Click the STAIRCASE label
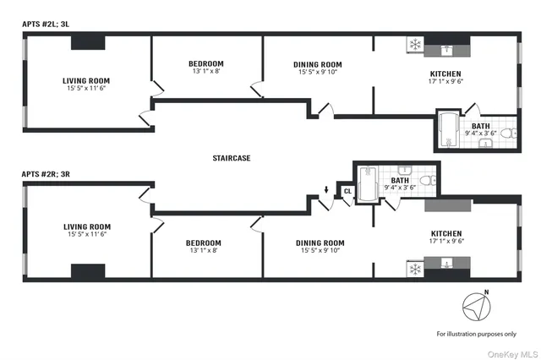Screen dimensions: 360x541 click(x=232, y=158)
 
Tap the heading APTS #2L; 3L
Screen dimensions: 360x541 click(x=50, y=25)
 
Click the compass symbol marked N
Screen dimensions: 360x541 click(x=476, y=305)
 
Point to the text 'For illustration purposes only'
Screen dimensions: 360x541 click(x=476, y=335)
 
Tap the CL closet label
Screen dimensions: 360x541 click(x=347, y=192)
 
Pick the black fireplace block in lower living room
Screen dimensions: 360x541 click(x=87, y=271)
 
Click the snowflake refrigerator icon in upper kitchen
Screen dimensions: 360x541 click(x=415, y=44)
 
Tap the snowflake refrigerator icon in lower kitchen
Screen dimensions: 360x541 click(x=415, y=270)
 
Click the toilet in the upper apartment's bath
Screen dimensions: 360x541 click(x=507, y=134)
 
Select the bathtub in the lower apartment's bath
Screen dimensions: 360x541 click(x=368, y=183)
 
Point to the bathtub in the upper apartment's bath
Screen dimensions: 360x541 click(x=447, y=132)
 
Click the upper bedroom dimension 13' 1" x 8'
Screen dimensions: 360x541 click(x=206, y=72)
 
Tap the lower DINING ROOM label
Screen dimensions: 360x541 click(x=320, y=243)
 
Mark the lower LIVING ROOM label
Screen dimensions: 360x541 click(x=87, y=226)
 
